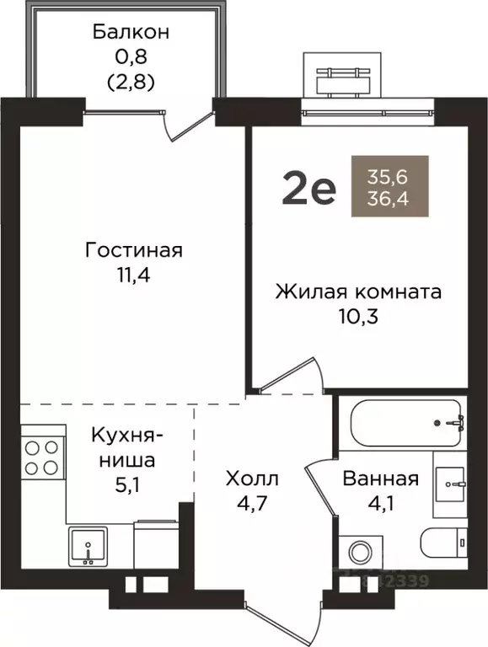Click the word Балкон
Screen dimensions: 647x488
131,33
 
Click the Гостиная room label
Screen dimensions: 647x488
134,251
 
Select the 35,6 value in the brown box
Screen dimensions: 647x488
389,177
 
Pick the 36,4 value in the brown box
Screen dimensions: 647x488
389,199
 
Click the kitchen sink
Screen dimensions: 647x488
88,549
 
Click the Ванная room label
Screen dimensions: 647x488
380,479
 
